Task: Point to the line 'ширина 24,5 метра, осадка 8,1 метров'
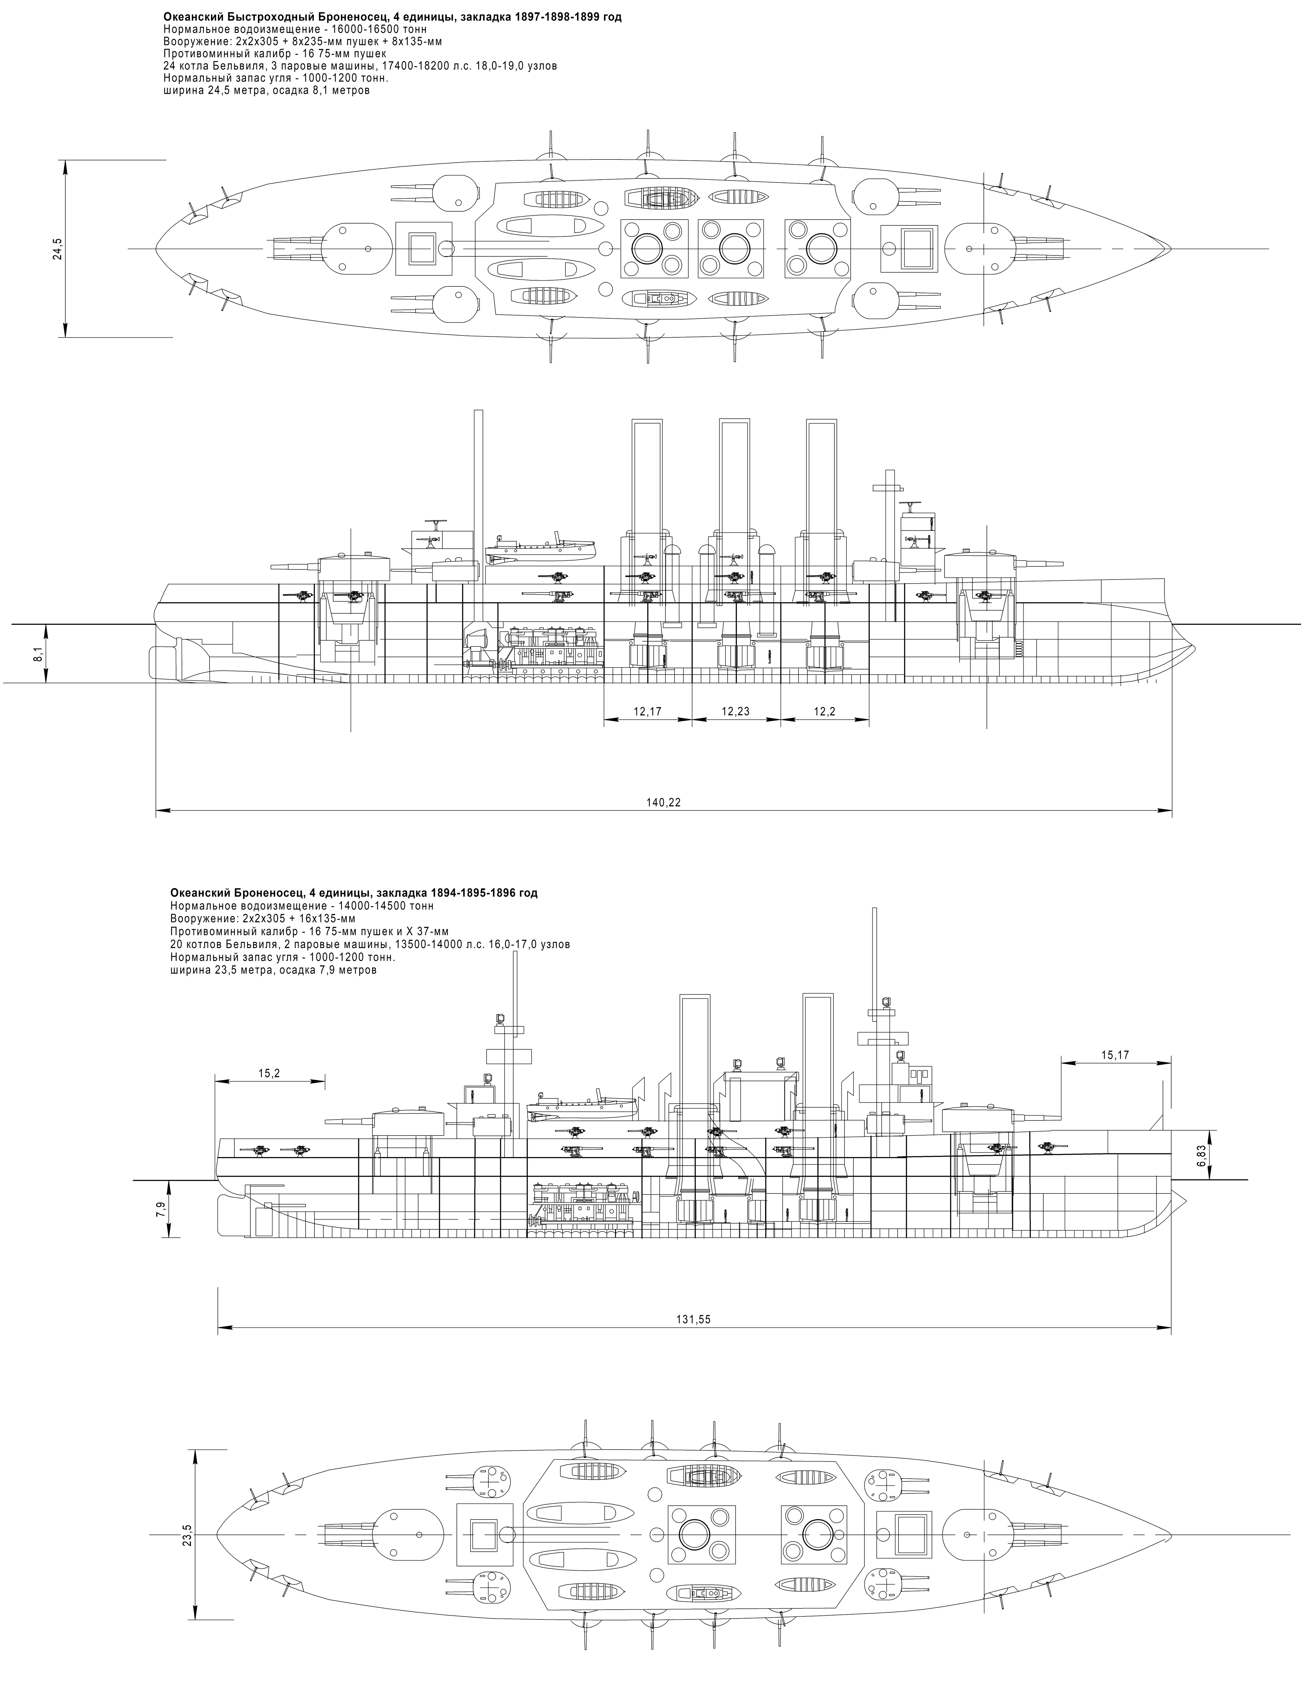click(266, 90)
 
